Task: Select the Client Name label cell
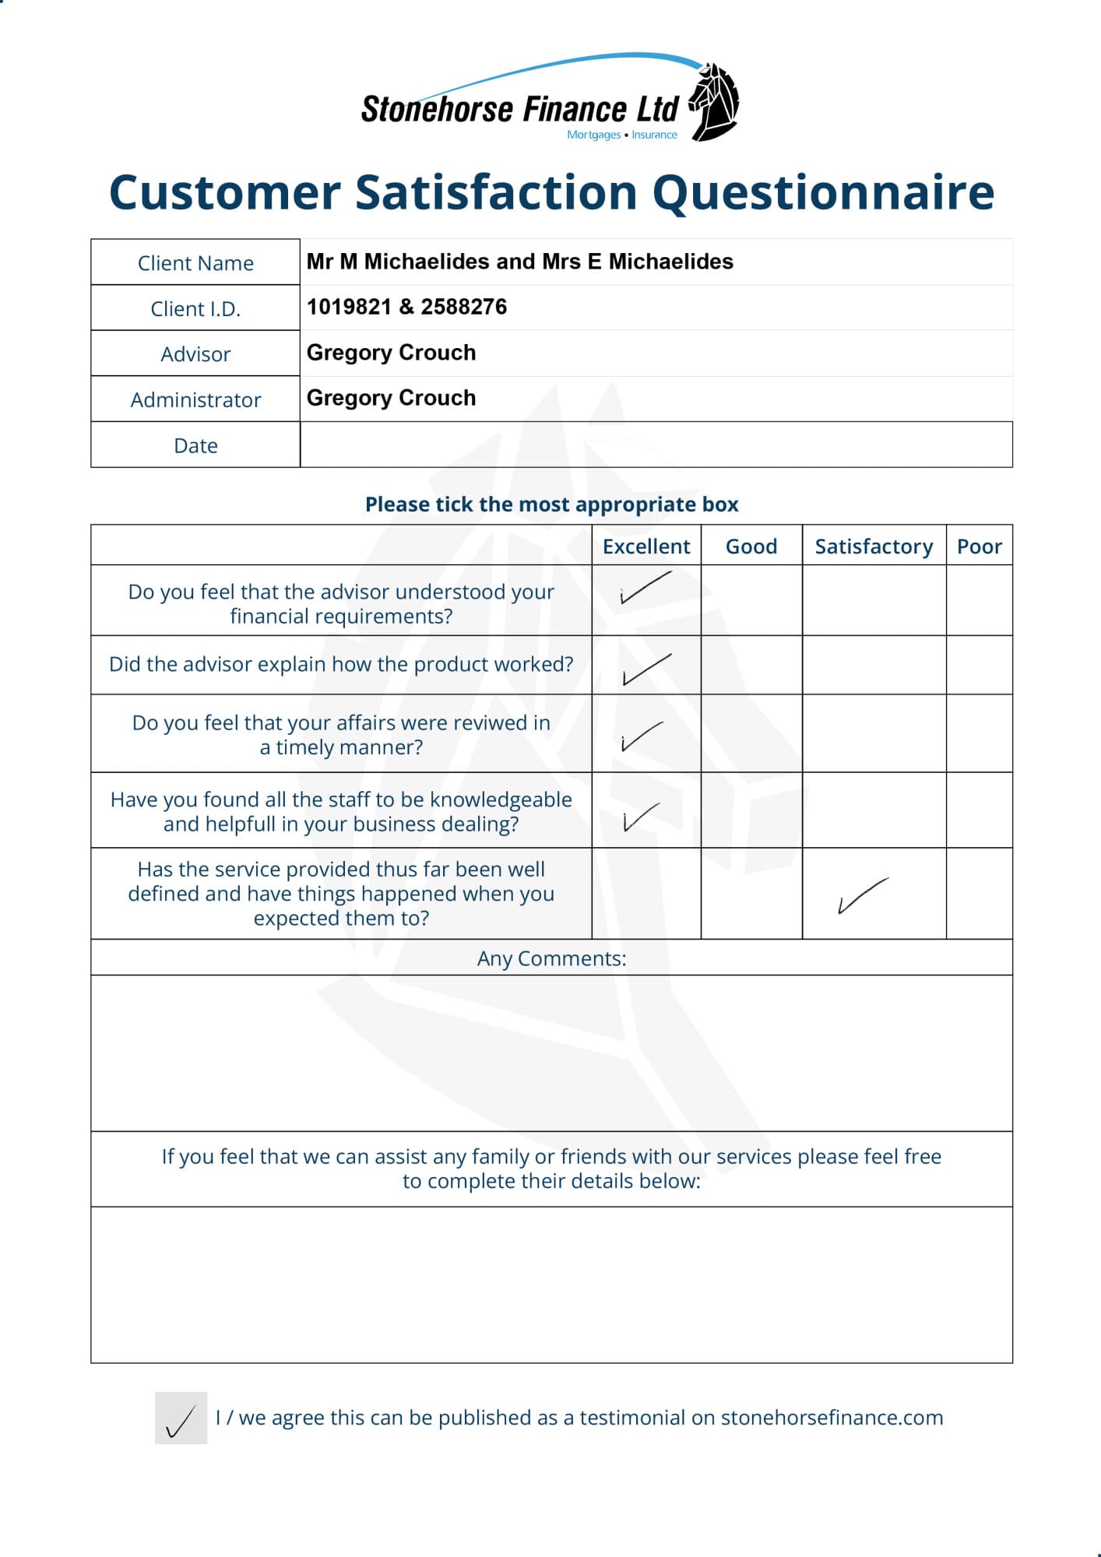pyautogui.click(x=195, y=263)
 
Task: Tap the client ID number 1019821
pyautogui.click(x=349, y=308)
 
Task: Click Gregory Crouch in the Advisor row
pyautogui.click(x=391, y=353)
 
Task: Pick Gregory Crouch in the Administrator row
pyautogui.click(x=391, y=398)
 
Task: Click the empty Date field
pyautogui.click(x=656, y=445)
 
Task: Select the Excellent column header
pyautogui.click(x=646, y=547)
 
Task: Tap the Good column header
pyautogui.click(x=751, y=547)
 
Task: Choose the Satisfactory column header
pyautogui.click(x=874, y=547)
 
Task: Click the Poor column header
pyautogui.click(x=979, y=547)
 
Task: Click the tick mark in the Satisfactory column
pyautogui.click(x=862, y=896)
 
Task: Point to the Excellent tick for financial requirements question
pyautogui.click(x=645, y=589)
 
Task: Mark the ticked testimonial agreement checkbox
pyautogui.click(x=181, y=1418)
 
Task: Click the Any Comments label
pyautogui.click(x=551, y=958)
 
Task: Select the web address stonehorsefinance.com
pyautogui.click(x=832, y=1418)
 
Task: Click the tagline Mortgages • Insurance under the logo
pyautogui.click(x=622, y=135)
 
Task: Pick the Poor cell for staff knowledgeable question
pyautogui.click(x=979, y=810)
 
